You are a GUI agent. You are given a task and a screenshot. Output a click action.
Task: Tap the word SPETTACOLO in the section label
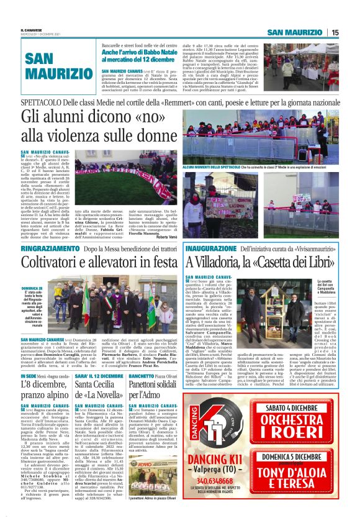coord(42,101)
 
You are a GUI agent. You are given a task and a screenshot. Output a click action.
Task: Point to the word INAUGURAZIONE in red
coord(212,248)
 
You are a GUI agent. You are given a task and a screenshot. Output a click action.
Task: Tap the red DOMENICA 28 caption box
coord(30,307)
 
